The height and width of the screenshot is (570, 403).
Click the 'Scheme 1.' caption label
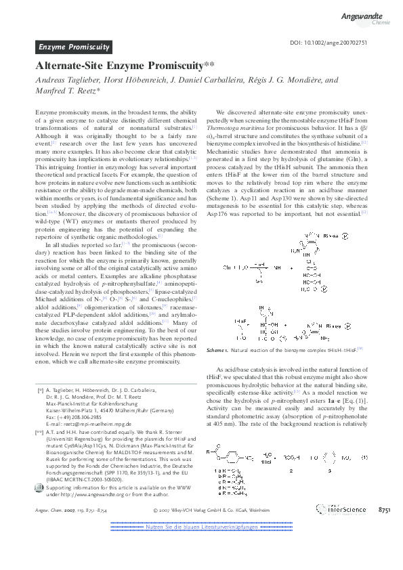pyautogui.click(x=219, y=350)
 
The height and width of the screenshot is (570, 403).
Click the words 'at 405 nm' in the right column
pyautogui.click(x=224, y=424)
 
